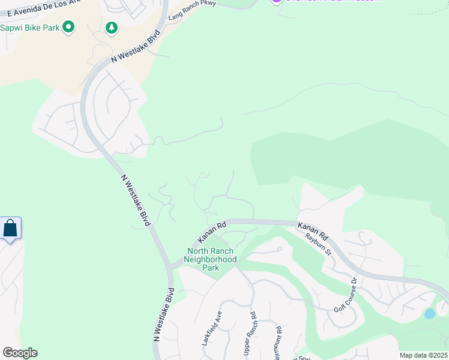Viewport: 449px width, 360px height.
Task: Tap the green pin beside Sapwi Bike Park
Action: point(68,27)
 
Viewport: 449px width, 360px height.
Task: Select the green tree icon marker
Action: point(111,28)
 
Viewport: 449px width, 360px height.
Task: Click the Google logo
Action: point(19,353)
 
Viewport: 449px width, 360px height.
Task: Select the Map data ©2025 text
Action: point(423,355)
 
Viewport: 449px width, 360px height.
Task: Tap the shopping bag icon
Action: point(10,229)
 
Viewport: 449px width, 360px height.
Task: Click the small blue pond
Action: point(429,314)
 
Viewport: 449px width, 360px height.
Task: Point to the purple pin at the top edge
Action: point(276,2)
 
